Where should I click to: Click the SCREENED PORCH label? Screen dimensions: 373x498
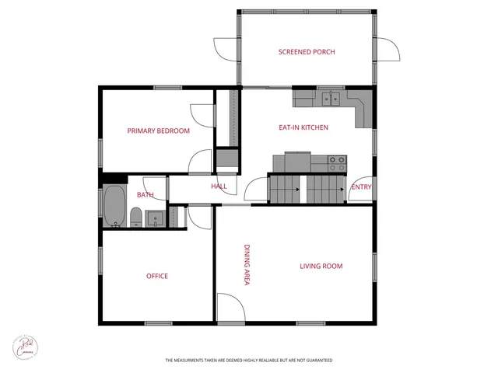pos(307,52)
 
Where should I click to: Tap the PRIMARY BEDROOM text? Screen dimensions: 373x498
pos(159,131)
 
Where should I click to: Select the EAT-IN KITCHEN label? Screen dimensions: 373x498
pos(303,127)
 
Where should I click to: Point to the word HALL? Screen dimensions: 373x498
pos(219,186)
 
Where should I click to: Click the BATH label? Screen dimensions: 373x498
pos(146,195)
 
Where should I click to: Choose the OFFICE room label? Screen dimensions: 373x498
pos(157,276)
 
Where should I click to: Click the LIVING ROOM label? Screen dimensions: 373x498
pos(321,267)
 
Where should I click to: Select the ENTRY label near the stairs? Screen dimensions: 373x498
pos(361,187)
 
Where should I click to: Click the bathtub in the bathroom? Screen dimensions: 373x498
pos(115,206)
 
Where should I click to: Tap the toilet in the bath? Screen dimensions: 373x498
pos(136,216)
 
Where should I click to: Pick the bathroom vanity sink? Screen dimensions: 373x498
pos(155,218)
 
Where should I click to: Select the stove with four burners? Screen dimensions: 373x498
pos(337,163)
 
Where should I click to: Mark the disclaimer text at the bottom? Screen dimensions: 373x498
pos(248,361)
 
